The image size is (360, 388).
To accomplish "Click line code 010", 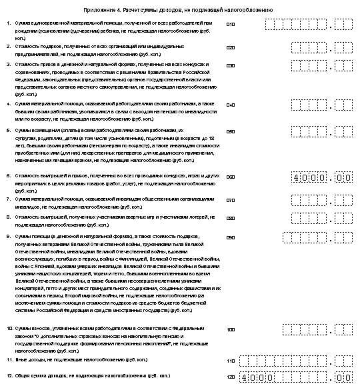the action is [231, 25].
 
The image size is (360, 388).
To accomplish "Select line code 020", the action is [231, 48].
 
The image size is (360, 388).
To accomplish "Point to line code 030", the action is [231, 66].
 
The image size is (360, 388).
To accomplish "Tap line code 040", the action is [231, 105].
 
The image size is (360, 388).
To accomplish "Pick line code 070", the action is [231, 199].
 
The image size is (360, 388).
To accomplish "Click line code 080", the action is [231, 218].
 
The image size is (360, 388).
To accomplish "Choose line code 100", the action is [231, 329].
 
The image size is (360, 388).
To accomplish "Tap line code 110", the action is [231, 361].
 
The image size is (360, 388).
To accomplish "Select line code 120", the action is [231, 377].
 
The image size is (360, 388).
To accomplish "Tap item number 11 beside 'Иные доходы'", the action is [9, 360].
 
